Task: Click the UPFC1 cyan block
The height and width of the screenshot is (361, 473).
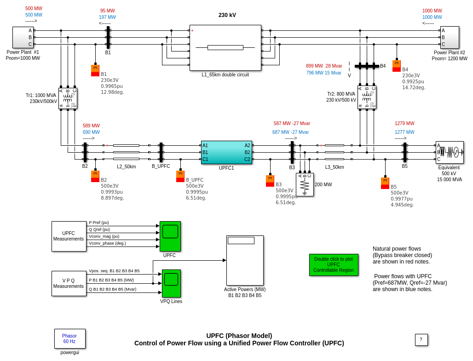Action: pyautogui.click(x=226, y=152)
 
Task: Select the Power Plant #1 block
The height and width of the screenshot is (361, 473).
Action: pyautogui.click(x=23, y=37)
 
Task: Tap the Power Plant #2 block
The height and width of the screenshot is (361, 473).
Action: pyautogui.click(x=450, y=37)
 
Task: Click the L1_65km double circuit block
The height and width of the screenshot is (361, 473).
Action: pyautogui.click(x=225, y=47)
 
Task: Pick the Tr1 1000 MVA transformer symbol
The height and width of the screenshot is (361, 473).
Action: pyautogui.click(x=68, y=98)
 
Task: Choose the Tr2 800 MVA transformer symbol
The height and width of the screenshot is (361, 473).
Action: pyautogui.click(x=367, y=97)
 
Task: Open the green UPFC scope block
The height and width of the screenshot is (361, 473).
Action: pyautogui.click(x=170, y=236)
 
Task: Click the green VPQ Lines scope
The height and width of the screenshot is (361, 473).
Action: pyautogui.click(x=171, y=283)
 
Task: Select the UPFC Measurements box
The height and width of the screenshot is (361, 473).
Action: pyautogui.click(x=69, y=236)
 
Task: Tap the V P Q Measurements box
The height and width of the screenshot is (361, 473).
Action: pyautogui.click(x=69, y=283)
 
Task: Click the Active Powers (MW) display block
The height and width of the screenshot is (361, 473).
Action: pyautogui.click(x=245, y=260)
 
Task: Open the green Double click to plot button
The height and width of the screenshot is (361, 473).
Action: pyautogui.click(x=334, y=264)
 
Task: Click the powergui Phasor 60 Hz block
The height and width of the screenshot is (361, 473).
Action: pyautogui.click(x=69, y=338)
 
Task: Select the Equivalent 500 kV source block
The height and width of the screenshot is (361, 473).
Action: pyautogui.click(x=450, y=152)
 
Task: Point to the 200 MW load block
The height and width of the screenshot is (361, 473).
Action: pyautogui.click(x=305, y=184)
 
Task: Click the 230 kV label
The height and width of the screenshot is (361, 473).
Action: pyautogui.click(x=227, y=15)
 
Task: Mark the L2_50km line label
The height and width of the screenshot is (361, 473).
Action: pyautogui.click(x=126, y=166)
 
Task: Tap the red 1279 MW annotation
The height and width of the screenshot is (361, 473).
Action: pyautogui.click(x=404, y=123)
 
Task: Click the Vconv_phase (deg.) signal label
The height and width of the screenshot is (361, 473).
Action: pyautogui.click(x=107, y=243)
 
